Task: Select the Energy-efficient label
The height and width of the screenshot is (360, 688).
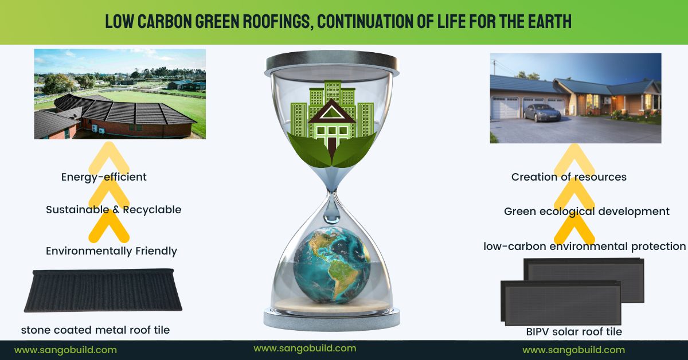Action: click(104, 177)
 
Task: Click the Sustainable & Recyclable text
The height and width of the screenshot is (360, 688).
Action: click(114, 210)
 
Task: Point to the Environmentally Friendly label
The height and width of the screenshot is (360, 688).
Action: click(111, 251)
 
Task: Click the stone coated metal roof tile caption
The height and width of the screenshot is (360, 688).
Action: click(95, 330)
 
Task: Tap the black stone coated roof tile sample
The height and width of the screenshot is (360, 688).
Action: click(103, 290)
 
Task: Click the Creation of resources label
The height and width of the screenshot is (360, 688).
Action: click(569, 177)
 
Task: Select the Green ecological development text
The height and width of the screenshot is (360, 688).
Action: click(587, 212)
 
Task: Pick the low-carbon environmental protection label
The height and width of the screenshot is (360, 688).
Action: click(584, 246)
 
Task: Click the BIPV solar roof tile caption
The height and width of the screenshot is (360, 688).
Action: click(574, 332)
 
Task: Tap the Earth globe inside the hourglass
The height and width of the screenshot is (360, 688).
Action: click(332, 265)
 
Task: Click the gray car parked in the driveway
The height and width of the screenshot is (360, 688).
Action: click(542, 113)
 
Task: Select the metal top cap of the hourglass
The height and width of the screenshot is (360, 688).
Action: click(332, 62)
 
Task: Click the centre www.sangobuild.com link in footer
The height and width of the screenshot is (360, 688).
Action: click(305, 349)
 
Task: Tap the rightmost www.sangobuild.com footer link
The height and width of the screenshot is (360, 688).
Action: click(574, 350)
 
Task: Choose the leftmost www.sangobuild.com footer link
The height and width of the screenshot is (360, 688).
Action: click(65, 350)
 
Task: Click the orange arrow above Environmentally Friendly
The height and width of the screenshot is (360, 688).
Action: click(109, 226)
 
